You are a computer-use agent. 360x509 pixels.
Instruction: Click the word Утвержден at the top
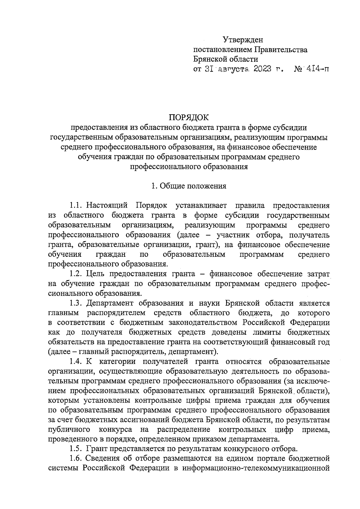[x=243, y=40]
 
